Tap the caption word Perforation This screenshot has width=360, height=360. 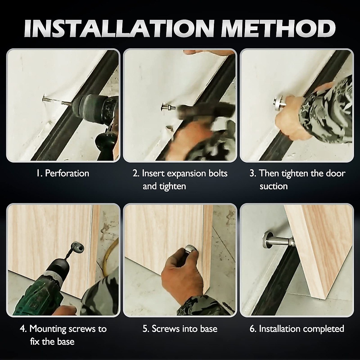(67, 173)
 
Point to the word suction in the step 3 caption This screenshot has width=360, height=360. (274, 186)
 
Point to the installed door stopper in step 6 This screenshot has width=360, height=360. (279, 240)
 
